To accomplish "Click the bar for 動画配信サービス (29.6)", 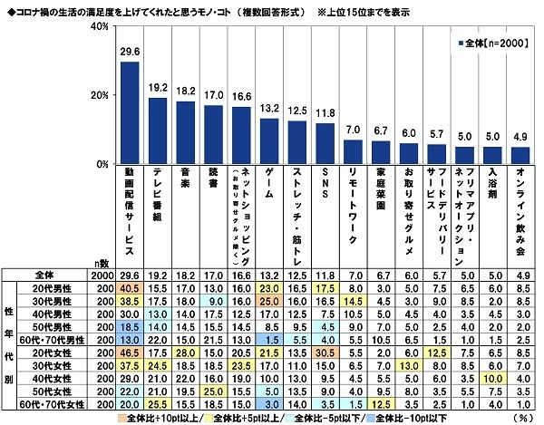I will [x=130, y=113].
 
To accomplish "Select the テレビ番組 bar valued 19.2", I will [x=163, y=131].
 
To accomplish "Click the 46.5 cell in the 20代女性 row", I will [x=130, y=351].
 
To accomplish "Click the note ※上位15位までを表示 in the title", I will [x=399, y=9].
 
